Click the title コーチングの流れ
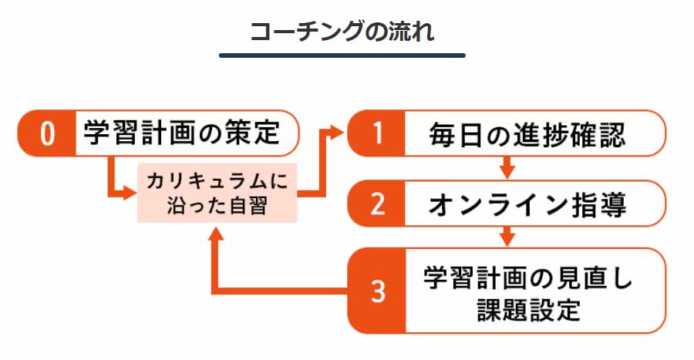[342, 32]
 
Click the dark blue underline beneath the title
[342, 56]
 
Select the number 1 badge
[376, 133]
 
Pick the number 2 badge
[376, 204]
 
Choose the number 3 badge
[376, 291]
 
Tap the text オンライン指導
[527, 204]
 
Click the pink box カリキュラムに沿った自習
[217, 193]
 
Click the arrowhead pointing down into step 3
[507, 237]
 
